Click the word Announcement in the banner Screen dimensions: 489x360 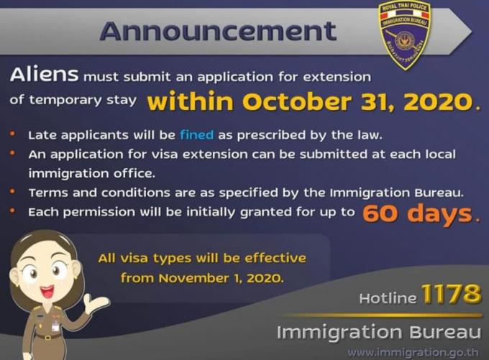tap(218, 31)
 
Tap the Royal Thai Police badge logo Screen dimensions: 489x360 tap(404, 35)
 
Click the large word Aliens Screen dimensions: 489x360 tap(44, 75)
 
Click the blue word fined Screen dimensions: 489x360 tap(197, 135)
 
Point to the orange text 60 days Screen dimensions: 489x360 tap(418, 214)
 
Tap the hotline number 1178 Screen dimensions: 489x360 tap(451, 293)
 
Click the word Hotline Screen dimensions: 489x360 tap(388, 298)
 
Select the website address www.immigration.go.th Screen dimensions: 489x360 tap(413, 353)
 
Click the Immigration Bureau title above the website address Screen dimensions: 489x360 tap(379, 332)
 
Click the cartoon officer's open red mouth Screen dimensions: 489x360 tap(47, 292)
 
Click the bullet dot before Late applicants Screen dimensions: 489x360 tap(12, 134)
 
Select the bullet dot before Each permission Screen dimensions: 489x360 tap(12, 211)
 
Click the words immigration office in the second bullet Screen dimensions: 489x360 tap(92, 173)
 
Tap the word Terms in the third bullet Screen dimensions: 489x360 tap(48, 193)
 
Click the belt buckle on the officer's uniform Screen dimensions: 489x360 tap(47, 337)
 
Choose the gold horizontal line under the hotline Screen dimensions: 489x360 tap(383, 315)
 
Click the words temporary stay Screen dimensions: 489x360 tap(83, 100)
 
